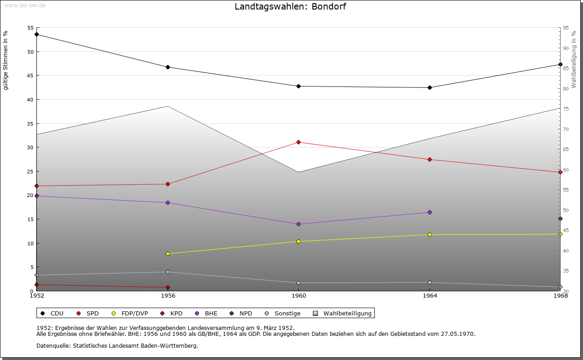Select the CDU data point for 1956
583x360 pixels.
[168, 67]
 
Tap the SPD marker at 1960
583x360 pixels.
[299, 142]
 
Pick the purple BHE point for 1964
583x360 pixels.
[430, 213]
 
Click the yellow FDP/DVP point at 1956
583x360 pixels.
[168, 254]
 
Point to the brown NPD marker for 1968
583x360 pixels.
[560, 219]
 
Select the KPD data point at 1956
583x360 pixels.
[168, 288]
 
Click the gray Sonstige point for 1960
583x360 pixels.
[299, 283]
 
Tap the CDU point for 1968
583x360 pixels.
[560, 65]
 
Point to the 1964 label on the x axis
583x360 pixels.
[430, 296]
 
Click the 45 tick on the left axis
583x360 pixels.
[30, 76]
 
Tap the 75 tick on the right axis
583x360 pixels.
[565, 109]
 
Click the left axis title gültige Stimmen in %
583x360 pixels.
[6, 60]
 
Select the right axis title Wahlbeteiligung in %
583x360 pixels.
[574, 60]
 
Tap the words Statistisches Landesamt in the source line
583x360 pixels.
[109, 346]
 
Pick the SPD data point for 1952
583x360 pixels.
[37, 186]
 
